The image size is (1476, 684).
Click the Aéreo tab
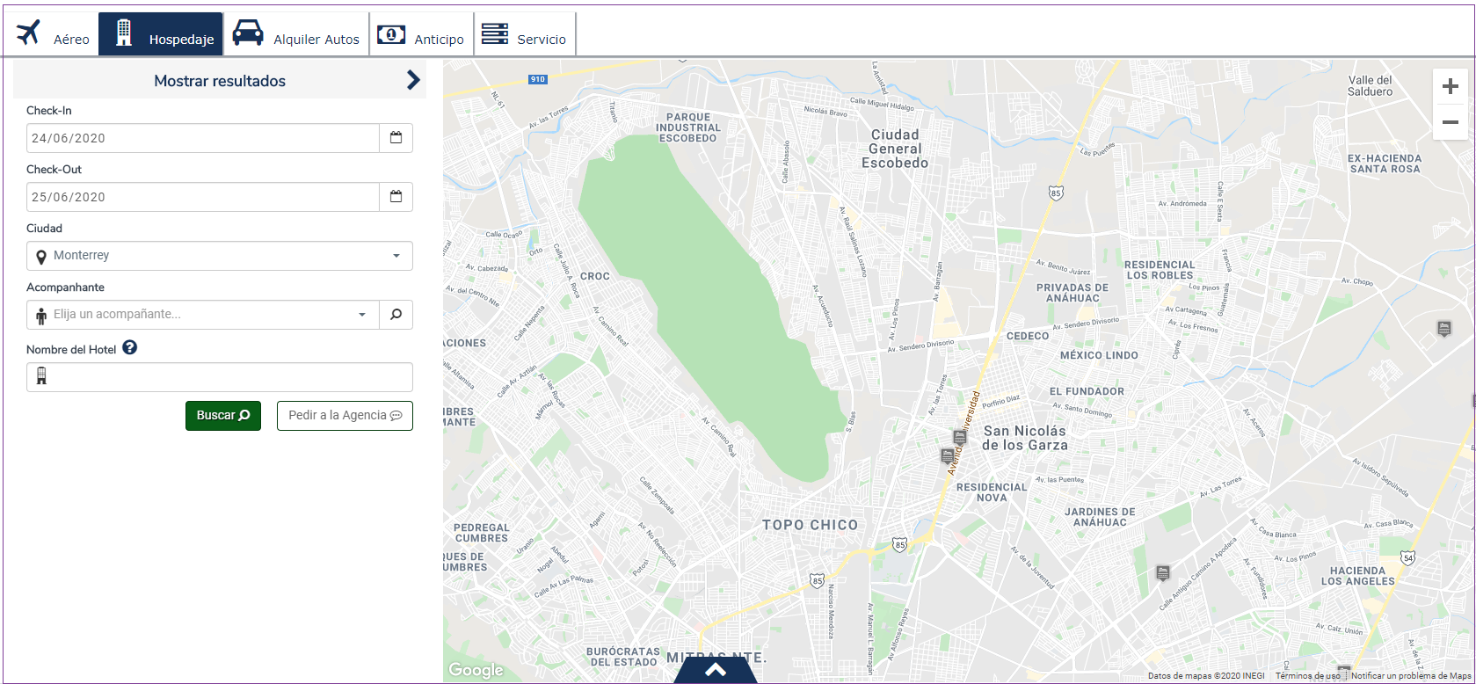point(52,35)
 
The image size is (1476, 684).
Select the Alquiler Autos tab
point(296,35)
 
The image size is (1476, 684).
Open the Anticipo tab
point(421,35)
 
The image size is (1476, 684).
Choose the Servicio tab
point(524,35)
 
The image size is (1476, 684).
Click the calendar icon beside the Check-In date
point(396,138)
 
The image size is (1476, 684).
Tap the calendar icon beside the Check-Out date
point(396,197)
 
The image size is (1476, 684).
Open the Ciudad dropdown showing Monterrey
point(219,256)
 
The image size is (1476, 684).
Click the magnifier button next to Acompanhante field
point(396,315)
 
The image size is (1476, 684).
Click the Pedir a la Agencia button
point(345,416)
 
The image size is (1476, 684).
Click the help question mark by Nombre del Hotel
point(130,348)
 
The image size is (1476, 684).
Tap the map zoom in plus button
point(1451,86)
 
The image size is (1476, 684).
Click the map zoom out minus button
point(1451,122)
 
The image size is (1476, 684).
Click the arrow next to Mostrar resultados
point(413,80)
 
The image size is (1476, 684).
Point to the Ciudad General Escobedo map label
point(895,149)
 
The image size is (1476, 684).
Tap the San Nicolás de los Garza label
point(1025,438)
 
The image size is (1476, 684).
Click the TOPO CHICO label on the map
point(810,525)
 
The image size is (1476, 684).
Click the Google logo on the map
point(476,670)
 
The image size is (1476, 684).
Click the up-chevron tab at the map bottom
point(716,671)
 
